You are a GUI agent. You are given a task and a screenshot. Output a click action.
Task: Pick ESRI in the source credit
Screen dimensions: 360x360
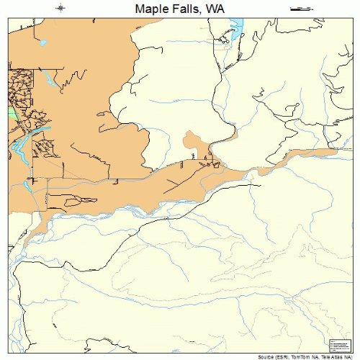[285, 356]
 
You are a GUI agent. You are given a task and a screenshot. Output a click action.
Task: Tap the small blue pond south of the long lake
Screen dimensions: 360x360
[27, 184]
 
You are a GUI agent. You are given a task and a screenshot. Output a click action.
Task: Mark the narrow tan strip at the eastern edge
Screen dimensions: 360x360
[317, 153]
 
